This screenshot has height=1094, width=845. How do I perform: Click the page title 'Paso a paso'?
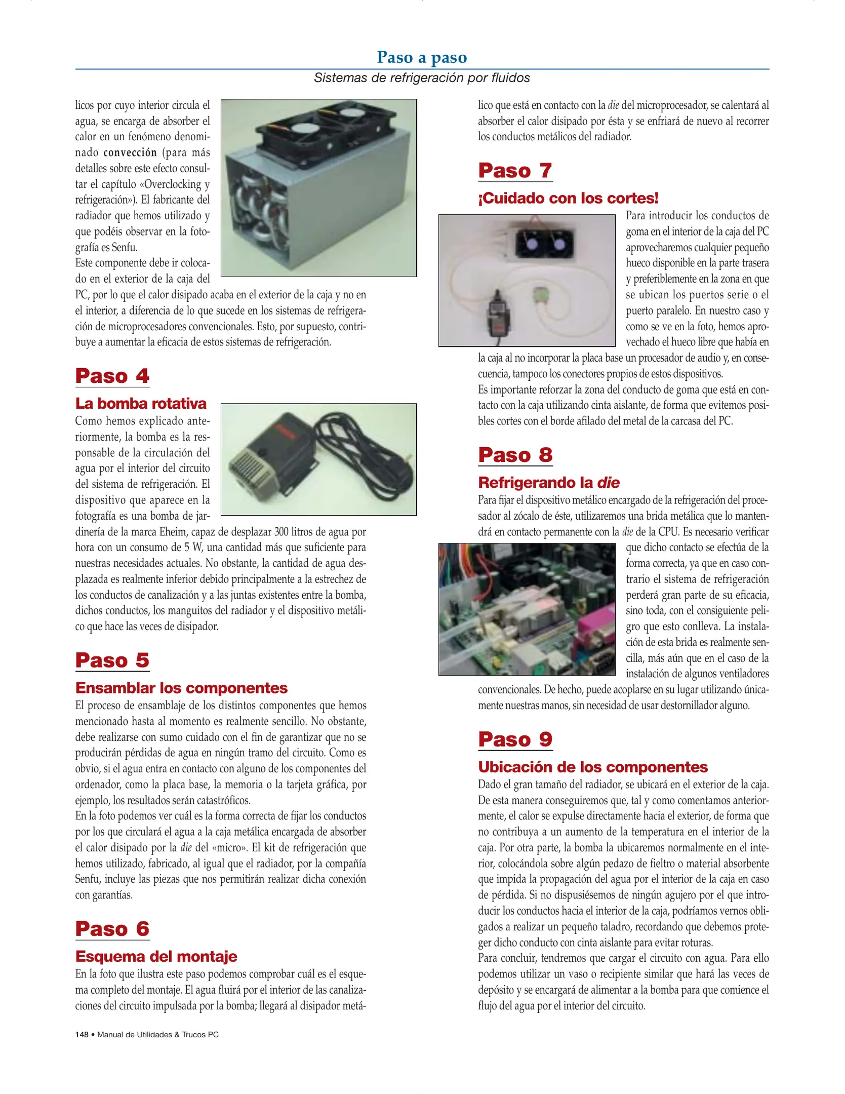click(422, 57)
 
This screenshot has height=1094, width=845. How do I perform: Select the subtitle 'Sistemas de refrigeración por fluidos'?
click(422, 77)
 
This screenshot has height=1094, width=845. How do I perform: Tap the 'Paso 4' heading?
click(112, 376)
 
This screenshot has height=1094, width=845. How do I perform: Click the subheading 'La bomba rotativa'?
click(141, 403)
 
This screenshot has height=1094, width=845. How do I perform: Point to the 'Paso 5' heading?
click(112, 660)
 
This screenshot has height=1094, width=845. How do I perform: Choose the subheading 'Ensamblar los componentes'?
click(181, 688)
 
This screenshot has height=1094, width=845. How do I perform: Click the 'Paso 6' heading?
click(112, 929)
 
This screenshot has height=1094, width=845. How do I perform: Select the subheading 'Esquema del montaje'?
click(156, 956)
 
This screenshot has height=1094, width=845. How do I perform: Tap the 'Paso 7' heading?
click(515, 170)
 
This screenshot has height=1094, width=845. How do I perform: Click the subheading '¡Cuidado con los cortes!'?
click(568, 198)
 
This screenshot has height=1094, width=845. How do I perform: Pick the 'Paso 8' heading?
click(515, 455)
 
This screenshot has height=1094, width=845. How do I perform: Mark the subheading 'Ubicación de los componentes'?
click(592, 767)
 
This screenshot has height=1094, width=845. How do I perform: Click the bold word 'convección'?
click(130, 152)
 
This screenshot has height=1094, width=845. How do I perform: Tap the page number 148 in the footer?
click(82, 1035)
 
